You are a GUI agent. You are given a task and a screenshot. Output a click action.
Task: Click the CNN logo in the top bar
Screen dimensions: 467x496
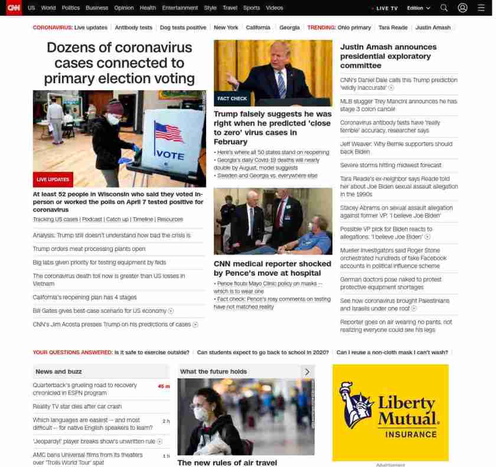[x=14, y=8]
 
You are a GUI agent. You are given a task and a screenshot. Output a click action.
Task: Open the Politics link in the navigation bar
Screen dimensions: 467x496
[x=70, y=8]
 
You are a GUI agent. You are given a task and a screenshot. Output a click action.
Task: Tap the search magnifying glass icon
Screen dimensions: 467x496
[x=444, y=8]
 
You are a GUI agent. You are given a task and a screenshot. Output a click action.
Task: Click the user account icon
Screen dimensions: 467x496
[x=463, y=8]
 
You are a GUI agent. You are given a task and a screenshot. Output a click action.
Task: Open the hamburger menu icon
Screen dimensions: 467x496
[x=481, y=8]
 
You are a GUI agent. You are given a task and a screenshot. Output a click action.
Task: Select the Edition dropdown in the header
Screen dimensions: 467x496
[x=419, y=8]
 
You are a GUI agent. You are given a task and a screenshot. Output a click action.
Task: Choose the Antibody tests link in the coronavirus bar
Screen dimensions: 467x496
[x=133, y=28]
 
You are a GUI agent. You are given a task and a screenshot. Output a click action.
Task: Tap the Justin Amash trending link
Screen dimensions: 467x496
[x=433, y=28]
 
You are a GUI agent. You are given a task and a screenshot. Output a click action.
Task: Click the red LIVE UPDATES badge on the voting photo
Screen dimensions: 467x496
[x=53, y=179]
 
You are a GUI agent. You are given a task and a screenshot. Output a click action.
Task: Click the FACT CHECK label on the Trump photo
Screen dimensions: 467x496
[x=232, y=99]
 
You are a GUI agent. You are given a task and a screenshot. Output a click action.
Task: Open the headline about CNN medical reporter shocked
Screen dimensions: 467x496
[x=272, y=268]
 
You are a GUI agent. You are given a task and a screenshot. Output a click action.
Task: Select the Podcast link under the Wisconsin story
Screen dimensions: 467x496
[x=92, y=219]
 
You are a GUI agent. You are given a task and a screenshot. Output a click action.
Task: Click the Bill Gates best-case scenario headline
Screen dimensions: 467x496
[x=100, y=311]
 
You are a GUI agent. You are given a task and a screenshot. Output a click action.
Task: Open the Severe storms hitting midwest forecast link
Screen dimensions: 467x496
[x=390, y=165]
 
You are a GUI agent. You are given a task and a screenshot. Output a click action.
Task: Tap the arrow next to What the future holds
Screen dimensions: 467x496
[x=307, y=371]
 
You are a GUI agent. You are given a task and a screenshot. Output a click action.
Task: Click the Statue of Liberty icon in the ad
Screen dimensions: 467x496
[x=354, y=404]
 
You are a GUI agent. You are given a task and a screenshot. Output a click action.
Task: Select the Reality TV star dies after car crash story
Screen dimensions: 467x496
[x=77, y=406]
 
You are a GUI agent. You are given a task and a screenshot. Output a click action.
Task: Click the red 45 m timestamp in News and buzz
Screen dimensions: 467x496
[x=164, y=386]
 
